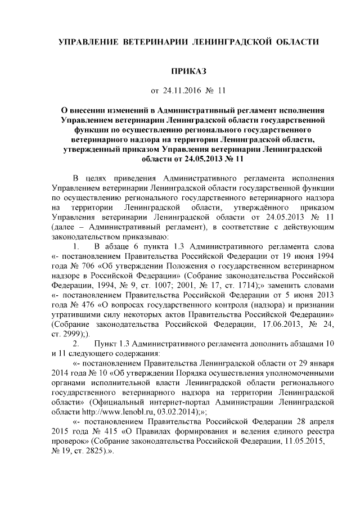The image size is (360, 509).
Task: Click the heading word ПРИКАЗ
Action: (189, 71)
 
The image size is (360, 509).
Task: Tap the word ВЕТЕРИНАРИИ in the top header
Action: (152, 42)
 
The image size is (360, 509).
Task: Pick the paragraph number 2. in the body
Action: (77, 343)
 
